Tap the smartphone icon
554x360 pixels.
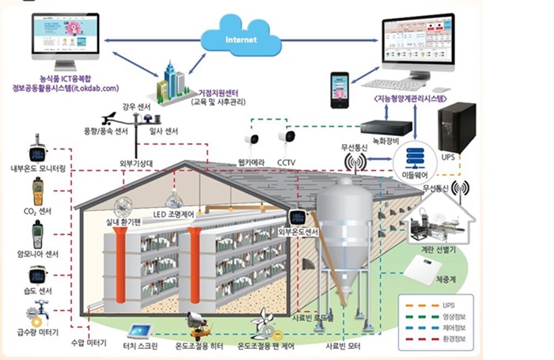click(x=340, y=89)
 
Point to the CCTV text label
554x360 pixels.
click(x=286, y=164)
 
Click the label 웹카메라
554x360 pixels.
click(x=252, y=164)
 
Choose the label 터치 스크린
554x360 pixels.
click(x=142, y=347)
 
